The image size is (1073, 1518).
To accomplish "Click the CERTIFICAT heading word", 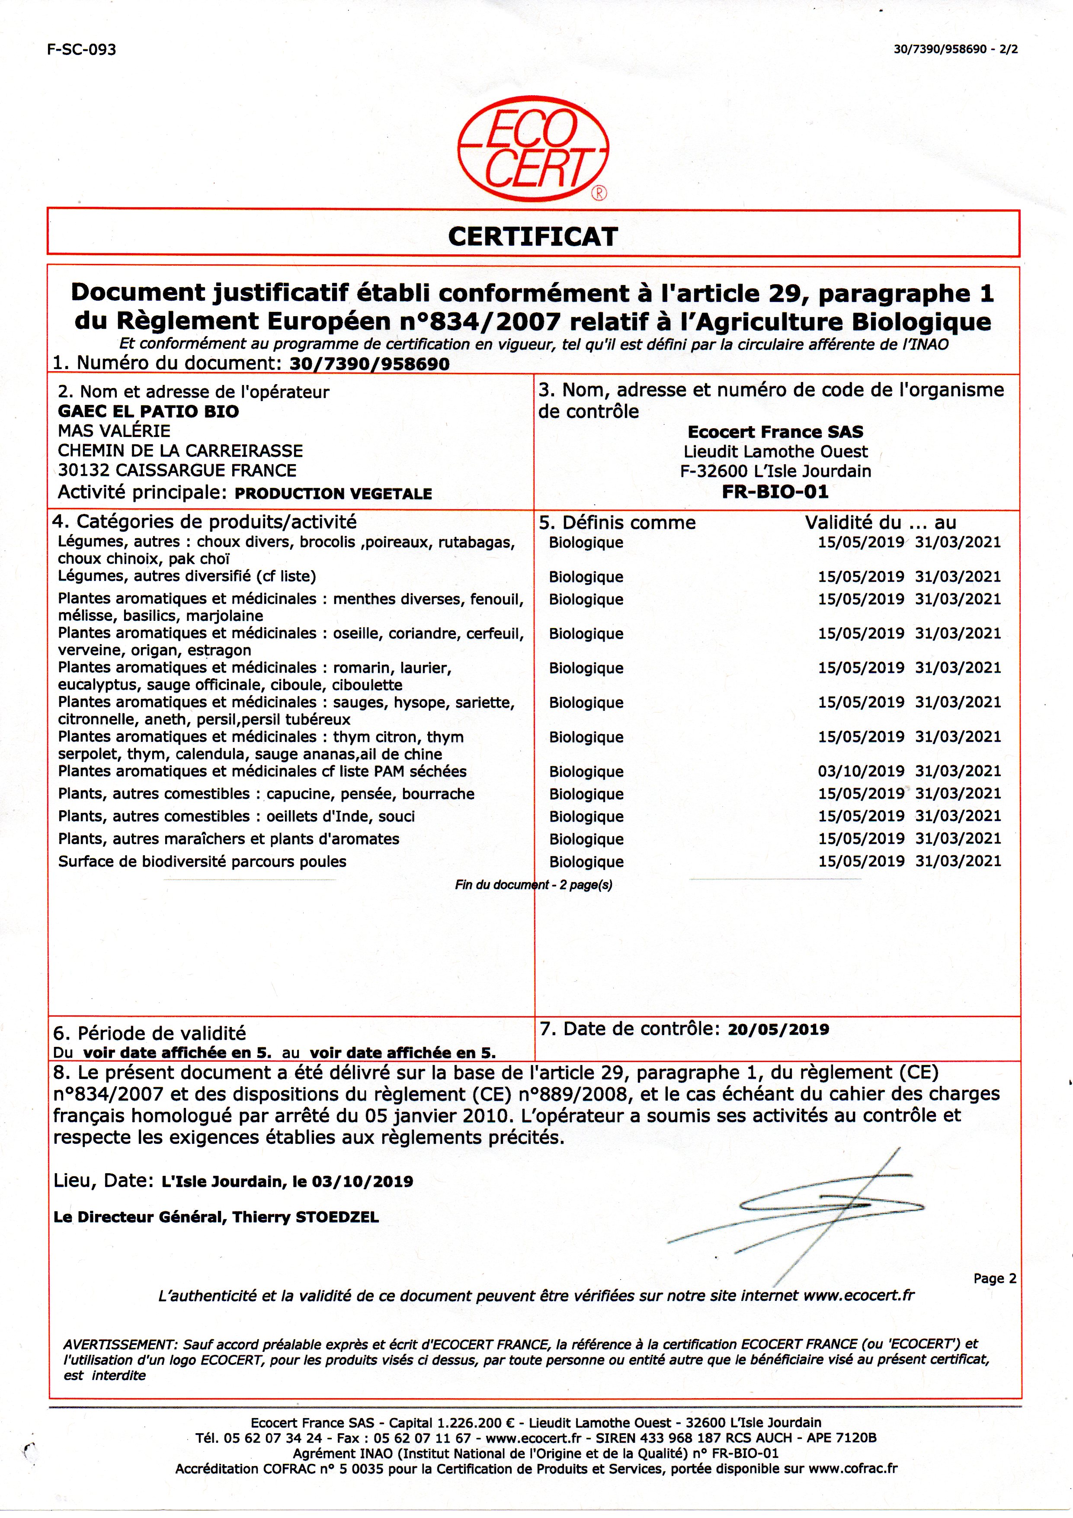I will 533,236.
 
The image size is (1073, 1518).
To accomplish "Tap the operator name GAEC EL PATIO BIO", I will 149,411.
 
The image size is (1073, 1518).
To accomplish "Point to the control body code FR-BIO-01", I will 775,492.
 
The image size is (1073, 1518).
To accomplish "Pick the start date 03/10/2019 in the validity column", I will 861,771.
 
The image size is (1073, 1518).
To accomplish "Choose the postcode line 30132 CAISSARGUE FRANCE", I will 177,471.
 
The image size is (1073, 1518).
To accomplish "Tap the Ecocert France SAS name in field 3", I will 775,432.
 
